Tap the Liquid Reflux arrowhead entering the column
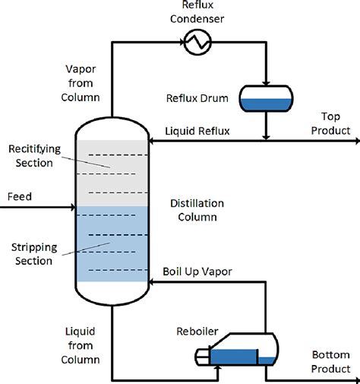[x=153, y=139]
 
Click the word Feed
[x=19, y=197]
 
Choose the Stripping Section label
[x=32, y=254]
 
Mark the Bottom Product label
[x=331, y=362]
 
